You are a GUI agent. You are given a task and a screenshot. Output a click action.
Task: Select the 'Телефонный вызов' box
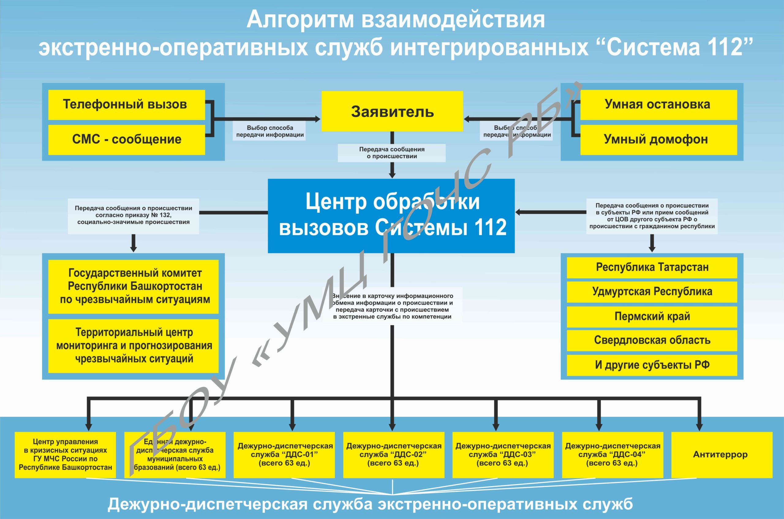(x=126, y=105)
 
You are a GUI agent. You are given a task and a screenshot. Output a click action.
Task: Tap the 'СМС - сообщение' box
(x=126, y=139)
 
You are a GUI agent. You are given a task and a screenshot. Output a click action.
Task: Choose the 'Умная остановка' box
(x=658, y=105)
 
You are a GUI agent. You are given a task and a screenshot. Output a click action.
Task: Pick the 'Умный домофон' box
(x=658, y=139)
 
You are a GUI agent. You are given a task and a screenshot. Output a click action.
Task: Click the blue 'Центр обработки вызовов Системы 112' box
(x=391, y=216)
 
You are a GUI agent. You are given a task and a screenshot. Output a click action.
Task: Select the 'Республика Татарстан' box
(x=651, y=267)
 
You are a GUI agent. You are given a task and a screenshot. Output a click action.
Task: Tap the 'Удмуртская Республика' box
(x=651, y=292)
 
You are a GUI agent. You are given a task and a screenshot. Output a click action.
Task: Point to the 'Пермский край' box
(x=651, y=316)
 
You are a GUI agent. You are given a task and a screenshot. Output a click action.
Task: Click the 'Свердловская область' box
(x=651, y=340)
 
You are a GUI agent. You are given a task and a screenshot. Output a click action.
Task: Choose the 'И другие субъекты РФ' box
(x=651, y=365)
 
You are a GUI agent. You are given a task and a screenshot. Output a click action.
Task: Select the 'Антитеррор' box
(x=722, y=454)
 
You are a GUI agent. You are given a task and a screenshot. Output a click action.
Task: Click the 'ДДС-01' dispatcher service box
(x=284, y=454)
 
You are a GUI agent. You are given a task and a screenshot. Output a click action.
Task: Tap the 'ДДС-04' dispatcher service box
(x=612, y=454)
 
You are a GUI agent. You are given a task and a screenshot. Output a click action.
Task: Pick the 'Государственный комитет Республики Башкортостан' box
(x=134, y=286)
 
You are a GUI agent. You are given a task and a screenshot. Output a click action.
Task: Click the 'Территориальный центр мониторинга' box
(x=134, y=345)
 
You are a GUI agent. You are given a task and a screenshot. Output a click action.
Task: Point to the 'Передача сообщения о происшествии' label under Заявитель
(x=391, y=153)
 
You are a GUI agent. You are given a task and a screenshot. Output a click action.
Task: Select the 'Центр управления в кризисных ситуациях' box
(x=65, y=454)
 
